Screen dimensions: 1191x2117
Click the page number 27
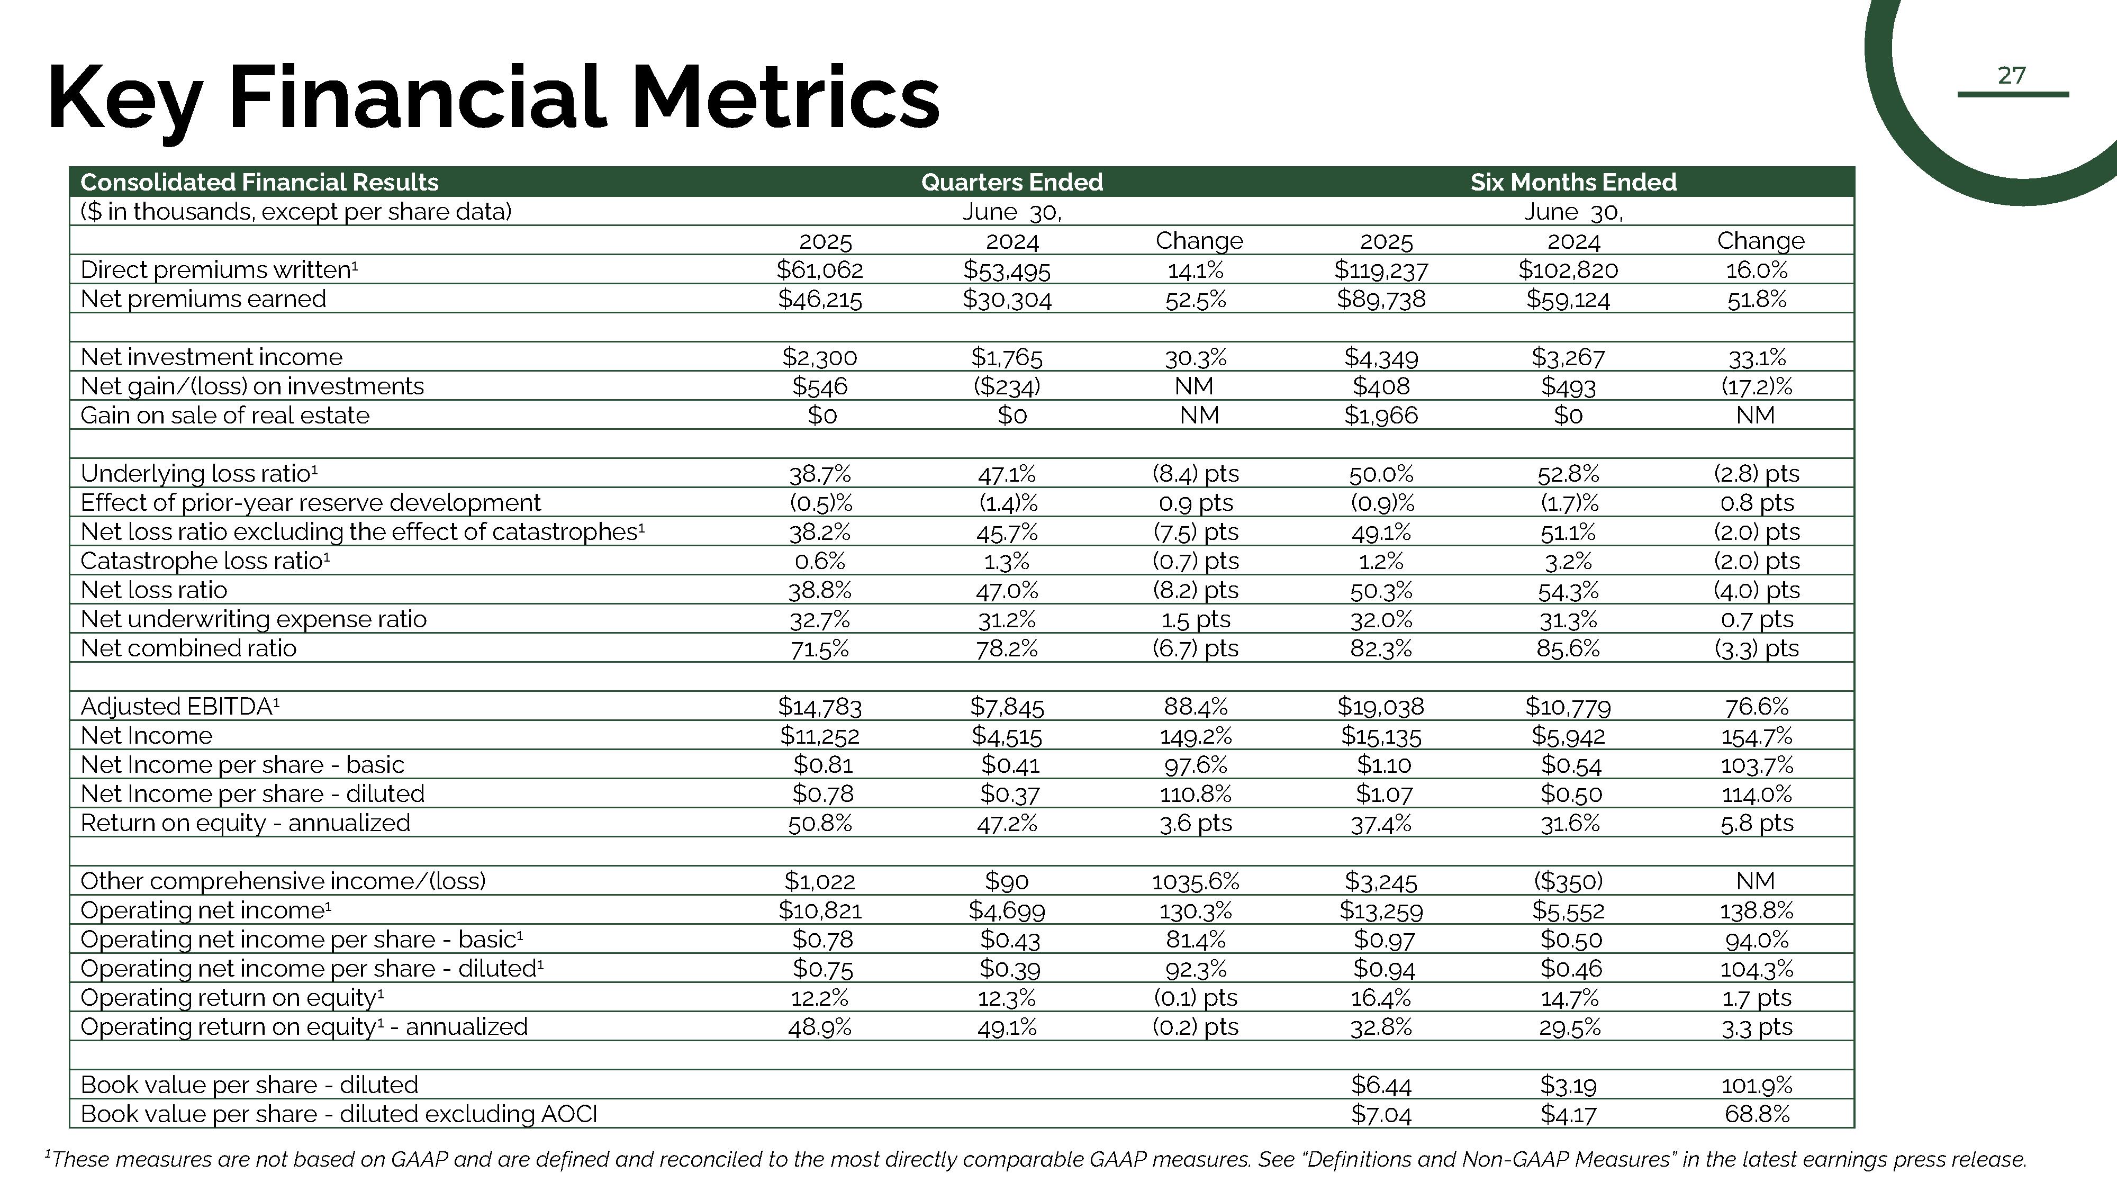(x=2011, y=76)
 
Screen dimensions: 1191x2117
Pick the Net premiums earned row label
(x=203, y=299)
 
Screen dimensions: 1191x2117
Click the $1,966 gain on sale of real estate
(x=1381, y=415)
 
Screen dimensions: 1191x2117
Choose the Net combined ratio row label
(x=188, y=648)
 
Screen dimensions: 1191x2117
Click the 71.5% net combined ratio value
(x=819, y=648)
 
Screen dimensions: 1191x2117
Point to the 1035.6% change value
(x=1196, y=881)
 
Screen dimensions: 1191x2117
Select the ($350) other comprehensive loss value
(x=1568, y=881)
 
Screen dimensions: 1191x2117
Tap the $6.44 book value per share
(x=1381, y=1085)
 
